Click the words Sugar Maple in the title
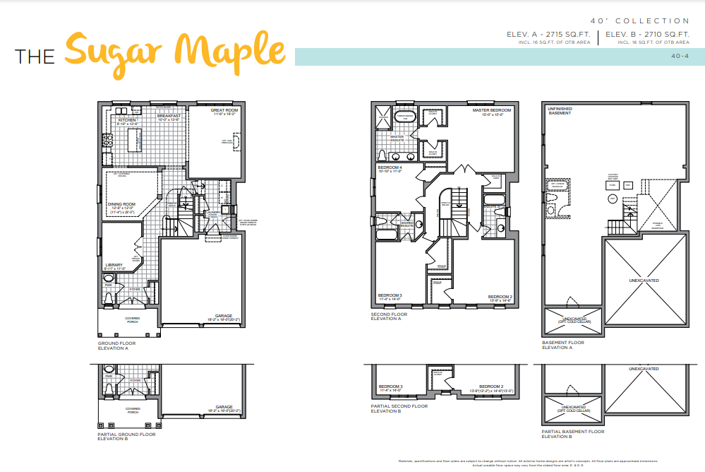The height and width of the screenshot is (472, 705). point(175,50)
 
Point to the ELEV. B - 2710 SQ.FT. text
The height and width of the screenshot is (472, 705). point(646,34)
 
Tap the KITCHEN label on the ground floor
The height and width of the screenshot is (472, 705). point(127,120)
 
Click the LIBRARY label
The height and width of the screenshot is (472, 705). point(114,265)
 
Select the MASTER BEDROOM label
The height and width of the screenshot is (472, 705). point(491,110)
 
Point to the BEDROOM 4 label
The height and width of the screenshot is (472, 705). point(390,167)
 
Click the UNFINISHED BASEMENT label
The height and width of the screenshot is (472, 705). point(560,110)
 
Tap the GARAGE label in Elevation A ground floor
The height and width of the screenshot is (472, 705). point(224,316)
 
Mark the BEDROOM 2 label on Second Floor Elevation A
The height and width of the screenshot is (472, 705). point(500,297)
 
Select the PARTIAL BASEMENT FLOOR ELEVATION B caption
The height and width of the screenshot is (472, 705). point(572,433)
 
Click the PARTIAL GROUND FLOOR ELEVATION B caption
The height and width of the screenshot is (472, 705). point(126,436)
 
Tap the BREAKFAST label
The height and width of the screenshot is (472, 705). point(169,115)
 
